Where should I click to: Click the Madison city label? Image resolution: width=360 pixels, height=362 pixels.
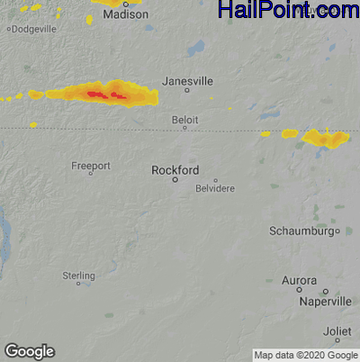[x=125, y=15]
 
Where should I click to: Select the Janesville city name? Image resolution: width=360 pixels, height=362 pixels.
[x=188, y=81]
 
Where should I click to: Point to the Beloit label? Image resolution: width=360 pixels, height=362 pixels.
[x=184, y=119]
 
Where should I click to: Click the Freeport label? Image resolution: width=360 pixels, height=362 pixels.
[x=91, y=167]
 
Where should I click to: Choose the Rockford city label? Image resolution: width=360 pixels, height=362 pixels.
[x=175, y=169]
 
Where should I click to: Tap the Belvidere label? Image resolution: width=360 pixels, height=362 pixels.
[x=215, y=188]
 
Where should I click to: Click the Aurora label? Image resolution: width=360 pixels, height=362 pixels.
[x=299, y=281]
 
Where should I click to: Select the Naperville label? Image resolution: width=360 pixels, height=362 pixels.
[x=325, y=302]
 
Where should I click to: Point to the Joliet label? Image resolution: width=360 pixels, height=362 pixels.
[x=337, y=330]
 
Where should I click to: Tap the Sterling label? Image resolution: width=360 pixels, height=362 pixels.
[x=78, y=275]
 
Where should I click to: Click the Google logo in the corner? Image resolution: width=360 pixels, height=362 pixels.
[x=29, y=351]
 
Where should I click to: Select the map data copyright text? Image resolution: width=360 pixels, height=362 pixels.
[x=305, y=355]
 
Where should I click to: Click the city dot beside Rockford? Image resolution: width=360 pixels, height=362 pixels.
[x=175, y=179]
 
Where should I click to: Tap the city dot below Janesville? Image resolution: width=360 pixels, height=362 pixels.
[x=187, y=91]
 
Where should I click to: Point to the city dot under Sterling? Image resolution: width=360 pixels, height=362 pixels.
[x=78, y=284]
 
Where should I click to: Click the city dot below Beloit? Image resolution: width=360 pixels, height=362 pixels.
[x=184, y=128]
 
